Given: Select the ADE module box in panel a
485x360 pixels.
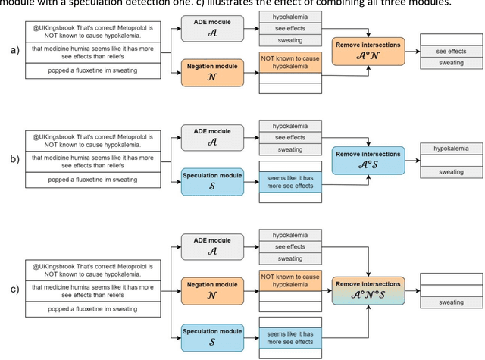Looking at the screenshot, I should pyautogui.click(x=212, y=29).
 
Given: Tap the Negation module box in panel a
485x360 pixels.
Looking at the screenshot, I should pyautogui.click(x=212, y=72).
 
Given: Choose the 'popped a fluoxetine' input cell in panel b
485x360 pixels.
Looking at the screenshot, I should pyautogui.click(x=83, y=180).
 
